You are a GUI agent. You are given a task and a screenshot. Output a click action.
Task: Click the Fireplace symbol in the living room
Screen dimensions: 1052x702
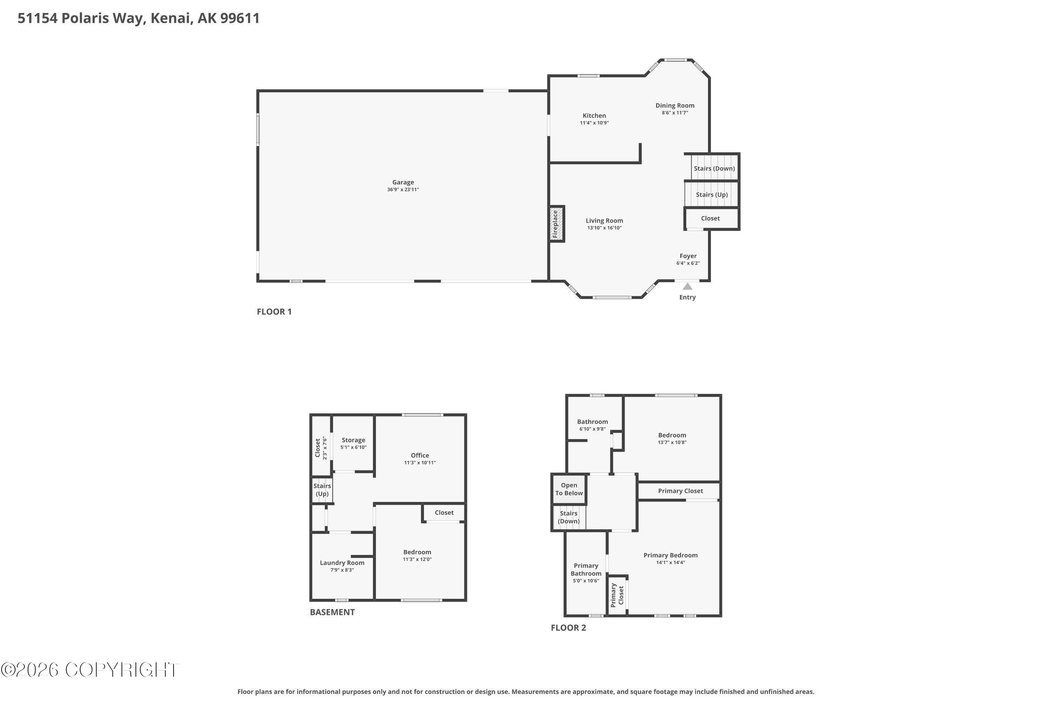pos(557,224)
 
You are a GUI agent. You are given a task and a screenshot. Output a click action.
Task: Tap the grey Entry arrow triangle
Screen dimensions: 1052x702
pos(687,286)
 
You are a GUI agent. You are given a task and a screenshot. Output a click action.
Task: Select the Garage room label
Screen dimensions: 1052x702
pos(403,182)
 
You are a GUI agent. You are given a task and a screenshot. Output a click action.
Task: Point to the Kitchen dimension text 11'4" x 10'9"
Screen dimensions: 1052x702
pos(594,122)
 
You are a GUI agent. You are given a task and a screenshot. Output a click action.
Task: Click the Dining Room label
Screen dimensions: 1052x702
pos(675,106)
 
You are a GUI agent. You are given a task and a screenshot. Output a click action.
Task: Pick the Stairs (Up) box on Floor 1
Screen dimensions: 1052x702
pos(712,194)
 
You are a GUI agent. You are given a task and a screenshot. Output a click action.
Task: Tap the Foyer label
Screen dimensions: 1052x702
pos(688,256)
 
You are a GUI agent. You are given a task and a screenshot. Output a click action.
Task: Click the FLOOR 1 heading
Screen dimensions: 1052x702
pos(274,312)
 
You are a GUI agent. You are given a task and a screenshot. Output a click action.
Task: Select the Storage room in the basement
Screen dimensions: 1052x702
pos(353,443)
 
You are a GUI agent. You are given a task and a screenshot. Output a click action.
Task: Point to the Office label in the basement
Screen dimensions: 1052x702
pos(420,455)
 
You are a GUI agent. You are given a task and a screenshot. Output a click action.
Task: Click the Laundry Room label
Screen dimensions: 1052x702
pos(342,563)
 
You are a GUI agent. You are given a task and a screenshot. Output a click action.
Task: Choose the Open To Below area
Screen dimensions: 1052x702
pos(569,489)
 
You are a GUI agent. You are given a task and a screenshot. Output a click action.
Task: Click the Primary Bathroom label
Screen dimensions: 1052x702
pos(586,569)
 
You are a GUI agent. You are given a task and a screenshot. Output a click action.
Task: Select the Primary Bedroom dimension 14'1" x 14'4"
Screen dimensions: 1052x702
pos(670,563)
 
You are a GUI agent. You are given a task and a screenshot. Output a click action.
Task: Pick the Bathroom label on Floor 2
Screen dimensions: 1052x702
pos(593,422)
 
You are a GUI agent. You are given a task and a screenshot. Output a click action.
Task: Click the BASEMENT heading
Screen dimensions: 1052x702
pos(332,612)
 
